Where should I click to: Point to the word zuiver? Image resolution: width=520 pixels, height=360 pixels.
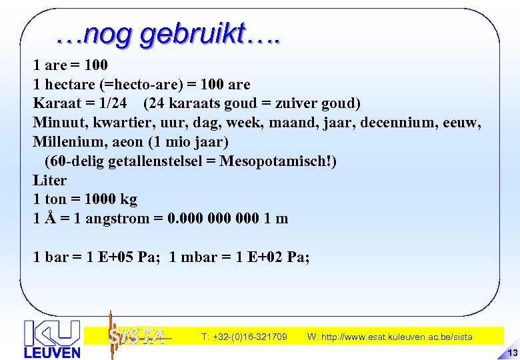coord(302,104)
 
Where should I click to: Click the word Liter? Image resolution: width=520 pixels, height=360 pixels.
coord(50,181)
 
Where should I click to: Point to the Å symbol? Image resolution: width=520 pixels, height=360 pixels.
coord(49,218)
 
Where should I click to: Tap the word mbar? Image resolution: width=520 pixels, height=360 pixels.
coord(197,257)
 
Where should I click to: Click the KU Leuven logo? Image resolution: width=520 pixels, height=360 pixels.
coord(52,339)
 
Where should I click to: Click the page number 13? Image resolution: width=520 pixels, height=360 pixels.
coord(513,353)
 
